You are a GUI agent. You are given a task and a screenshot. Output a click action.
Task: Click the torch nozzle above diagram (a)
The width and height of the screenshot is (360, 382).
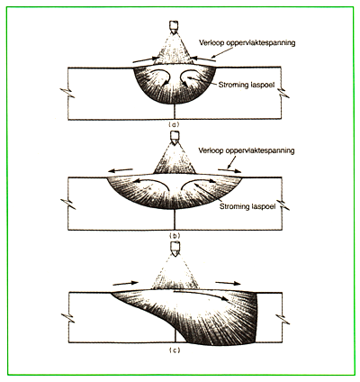tap(174, 27)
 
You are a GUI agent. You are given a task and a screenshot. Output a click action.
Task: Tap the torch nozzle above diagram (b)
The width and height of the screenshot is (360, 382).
tap(175, 137)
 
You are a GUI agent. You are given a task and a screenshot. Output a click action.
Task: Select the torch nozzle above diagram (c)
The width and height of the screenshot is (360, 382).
tap(175, 249)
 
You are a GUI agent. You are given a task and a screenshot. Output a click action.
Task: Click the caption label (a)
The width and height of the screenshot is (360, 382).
tap(175, 124)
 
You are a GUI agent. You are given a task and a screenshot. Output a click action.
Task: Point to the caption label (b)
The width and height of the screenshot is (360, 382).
tap(175, 235)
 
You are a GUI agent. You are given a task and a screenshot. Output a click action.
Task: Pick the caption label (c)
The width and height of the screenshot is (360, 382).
tap(175, 350)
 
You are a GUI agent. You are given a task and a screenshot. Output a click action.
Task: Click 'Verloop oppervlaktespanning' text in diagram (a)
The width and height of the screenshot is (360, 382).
tap(247, 43)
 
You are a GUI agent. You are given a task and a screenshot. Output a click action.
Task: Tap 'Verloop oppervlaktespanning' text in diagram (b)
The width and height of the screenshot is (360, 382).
tap(247, 150)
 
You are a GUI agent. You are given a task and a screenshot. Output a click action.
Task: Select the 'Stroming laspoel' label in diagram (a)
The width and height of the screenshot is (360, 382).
tap(247, 85)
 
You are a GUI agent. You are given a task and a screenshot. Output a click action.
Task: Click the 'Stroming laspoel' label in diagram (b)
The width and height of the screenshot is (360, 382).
tap(247, 206)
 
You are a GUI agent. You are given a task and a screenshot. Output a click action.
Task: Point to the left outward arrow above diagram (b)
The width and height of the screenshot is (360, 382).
tap(121, 170)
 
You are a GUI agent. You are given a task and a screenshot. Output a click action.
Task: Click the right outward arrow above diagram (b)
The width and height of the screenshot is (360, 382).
tap(229, 170)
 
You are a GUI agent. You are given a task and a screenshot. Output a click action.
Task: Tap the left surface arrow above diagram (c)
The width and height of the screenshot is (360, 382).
tap(125, 283)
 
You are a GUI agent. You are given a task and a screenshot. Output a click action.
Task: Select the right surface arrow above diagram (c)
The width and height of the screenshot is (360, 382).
tap(228, 283)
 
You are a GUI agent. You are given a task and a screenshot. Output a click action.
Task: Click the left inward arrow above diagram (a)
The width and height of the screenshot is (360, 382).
tap(146, 59)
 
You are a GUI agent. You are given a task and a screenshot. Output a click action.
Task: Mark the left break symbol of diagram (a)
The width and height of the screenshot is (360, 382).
tap(67, 94)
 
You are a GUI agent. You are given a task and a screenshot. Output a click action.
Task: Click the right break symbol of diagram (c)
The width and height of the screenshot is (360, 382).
tap(283, 319)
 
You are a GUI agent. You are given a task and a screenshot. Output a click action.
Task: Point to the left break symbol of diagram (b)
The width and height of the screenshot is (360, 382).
tap(67, 205)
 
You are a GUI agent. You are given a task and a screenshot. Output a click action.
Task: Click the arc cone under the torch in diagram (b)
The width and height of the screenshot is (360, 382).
tap(175, 162)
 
